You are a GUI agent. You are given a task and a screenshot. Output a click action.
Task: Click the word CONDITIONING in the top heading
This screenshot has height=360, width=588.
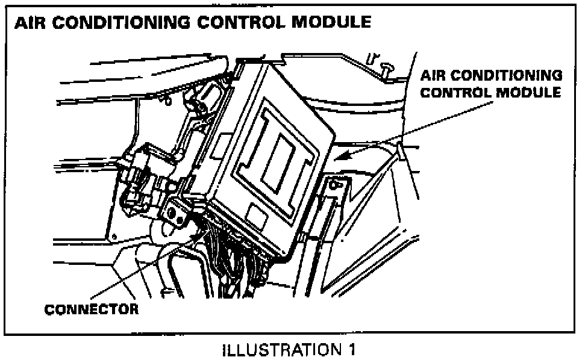pos(128,23)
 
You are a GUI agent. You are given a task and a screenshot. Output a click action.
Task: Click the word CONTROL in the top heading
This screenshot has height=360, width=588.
pos(238,23)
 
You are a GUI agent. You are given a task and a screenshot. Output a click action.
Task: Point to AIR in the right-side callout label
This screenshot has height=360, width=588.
pos(436,76)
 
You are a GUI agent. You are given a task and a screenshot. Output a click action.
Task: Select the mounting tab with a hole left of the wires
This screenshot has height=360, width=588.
pos(175,212)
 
